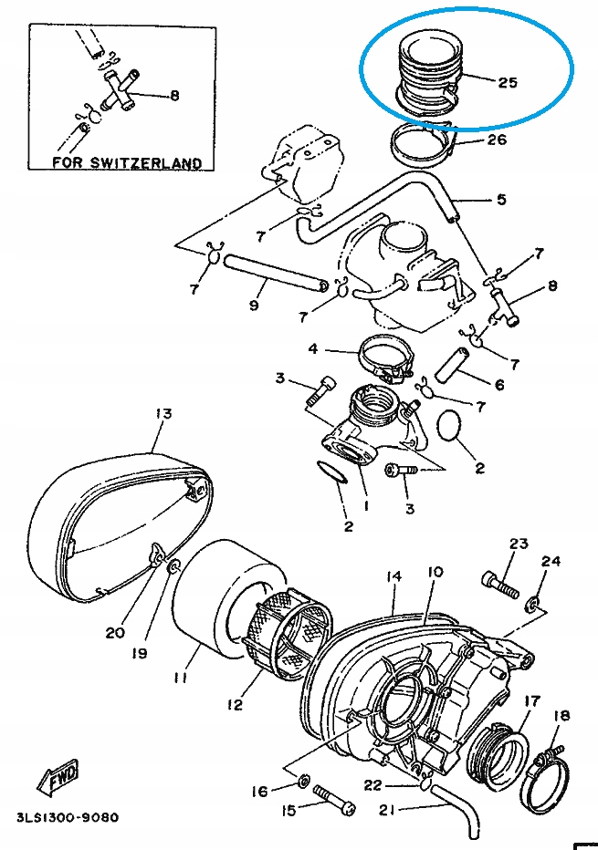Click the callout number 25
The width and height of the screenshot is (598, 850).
click(508, 81)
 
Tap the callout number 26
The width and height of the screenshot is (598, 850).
click(496, 140)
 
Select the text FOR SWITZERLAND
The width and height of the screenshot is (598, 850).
click(126, 163)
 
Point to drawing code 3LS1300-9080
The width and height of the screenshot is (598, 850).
click(67, 817)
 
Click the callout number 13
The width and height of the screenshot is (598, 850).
click(163, 413)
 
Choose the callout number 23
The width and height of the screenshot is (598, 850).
click(518, 544)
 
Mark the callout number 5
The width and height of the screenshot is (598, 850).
click(500, 199)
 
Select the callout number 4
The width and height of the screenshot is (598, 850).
click(312, 348)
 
